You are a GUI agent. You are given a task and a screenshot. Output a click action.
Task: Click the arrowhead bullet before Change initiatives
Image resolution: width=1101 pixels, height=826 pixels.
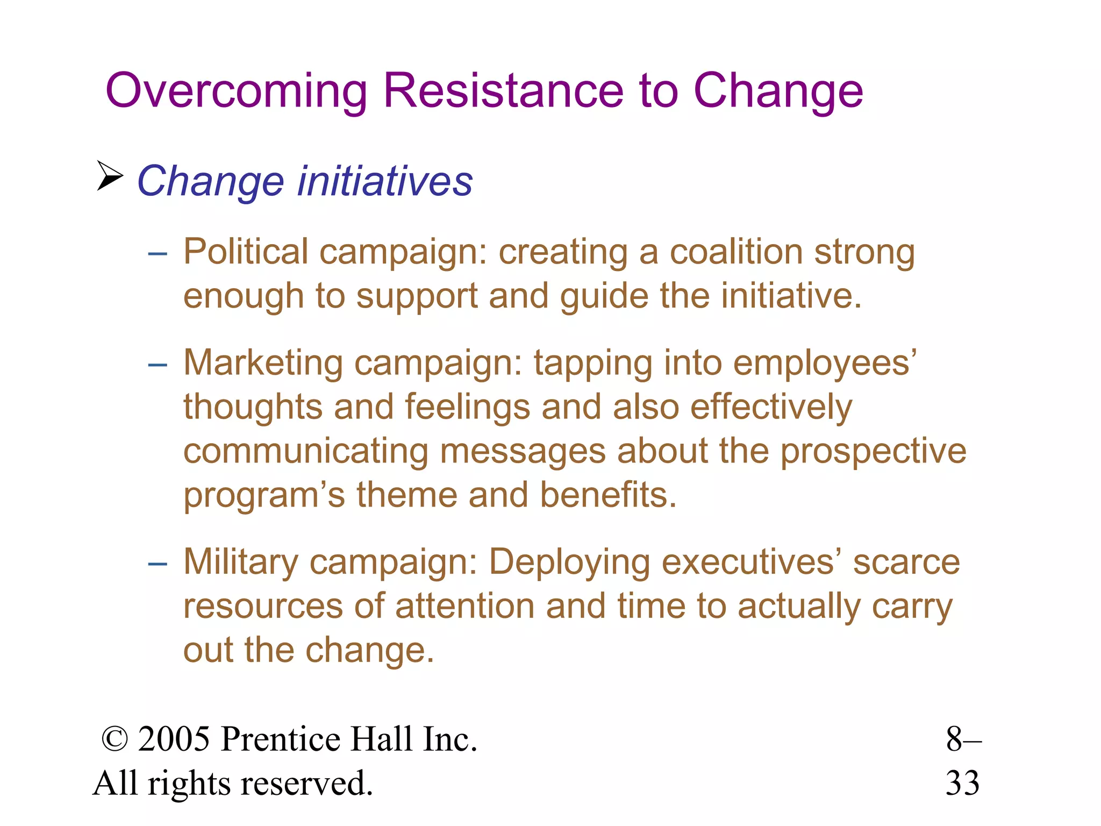pyautogui.click(x=110, y=176)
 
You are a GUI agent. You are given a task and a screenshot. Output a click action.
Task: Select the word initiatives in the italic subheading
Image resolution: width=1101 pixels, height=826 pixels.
pyautogui.click(x=385, y=181)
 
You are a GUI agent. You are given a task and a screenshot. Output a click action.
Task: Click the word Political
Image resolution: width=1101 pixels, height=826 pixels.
pyautogui.click(x=246, y=252)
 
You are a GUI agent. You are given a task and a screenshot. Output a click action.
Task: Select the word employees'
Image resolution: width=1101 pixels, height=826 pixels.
pyautogui.click(x=825, y=363)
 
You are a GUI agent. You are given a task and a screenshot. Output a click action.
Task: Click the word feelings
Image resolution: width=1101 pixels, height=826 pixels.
pyautogui.click(x=467, y=407)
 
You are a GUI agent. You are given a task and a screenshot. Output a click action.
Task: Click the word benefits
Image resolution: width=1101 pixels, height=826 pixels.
pyautogui.click(x=607, y=495)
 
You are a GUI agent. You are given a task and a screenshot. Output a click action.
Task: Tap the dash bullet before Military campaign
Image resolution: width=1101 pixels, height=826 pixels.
pyautogui.click(x=158, y=564)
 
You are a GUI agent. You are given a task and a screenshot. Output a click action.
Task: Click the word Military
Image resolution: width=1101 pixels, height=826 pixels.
pyautogui.click(x=240, y=562)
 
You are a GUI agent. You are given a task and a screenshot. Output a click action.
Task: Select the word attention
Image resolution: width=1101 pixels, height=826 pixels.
pyautogui.click(x=464, y=607)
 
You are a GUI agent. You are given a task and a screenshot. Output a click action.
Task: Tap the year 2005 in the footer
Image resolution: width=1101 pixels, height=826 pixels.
pyautogui.click(x=174, y=739)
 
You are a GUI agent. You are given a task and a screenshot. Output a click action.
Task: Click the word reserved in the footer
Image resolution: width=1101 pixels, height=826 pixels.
pyautogui.click(x=306, y=784)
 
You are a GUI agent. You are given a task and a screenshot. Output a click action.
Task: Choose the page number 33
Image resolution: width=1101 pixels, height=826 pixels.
pyautogui.click(x=962, y=784)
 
